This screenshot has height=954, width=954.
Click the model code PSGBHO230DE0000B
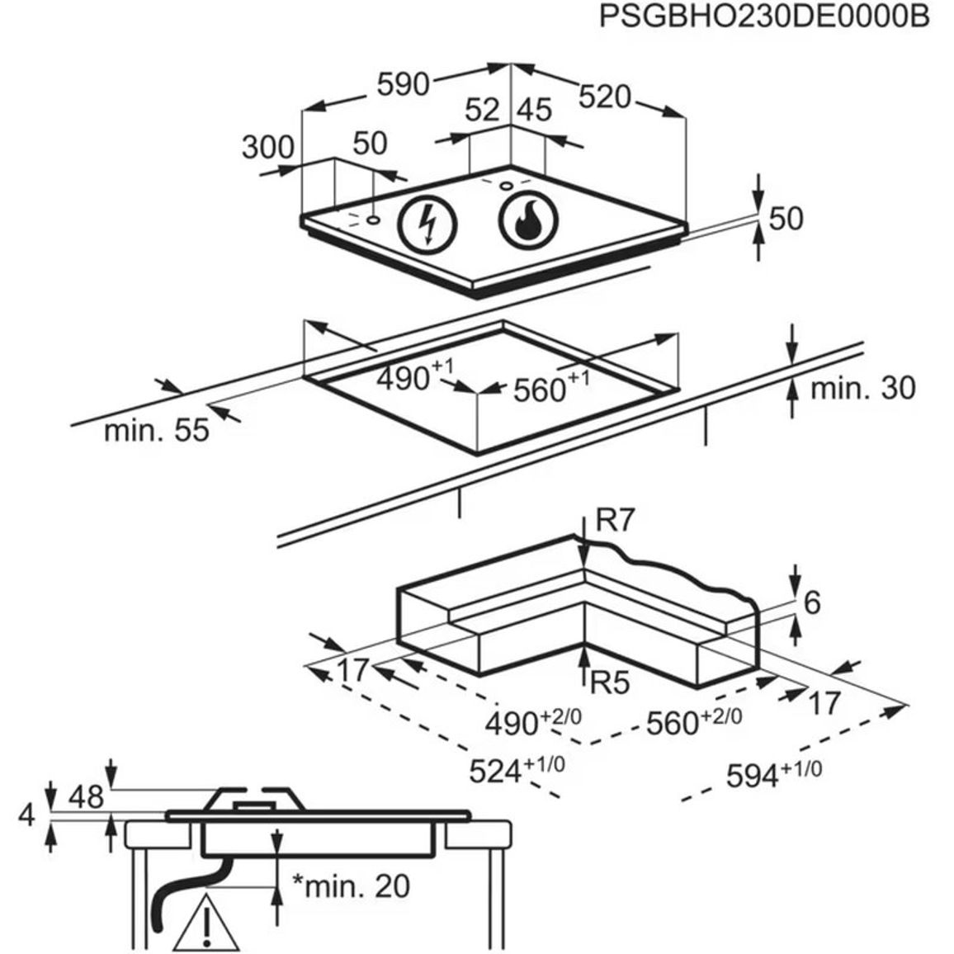pos(764,17)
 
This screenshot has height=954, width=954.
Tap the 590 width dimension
pos(404,84)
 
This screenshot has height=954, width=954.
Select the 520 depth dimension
pos(604,97)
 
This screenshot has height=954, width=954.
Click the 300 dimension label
pos(267,147)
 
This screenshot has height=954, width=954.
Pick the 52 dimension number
pos(482,110)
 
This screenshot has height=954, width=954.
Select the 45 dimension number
pos(535,110)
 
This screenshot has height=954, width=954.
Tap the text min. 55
pos(156,431)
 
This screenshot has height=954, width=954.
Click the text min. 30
pos(862,388)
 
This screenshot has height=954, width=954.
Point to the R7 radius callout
pos(615,520)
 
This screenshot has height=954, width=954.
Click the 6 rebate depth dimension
pos(812,602)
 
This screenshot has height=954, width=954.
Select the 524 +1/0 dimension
pos(517,770)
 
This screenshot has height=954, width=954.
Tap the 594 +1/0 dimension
pos(774,773)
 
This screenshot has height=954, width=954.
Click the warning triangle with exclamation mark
pos(207,924)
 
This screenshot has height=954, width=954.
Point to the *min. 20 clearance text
pos(351,886)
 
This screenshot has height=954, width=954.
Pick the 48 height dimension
pos(86,796)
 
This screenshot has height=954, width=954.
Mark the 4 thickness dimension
pos(26,815)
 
